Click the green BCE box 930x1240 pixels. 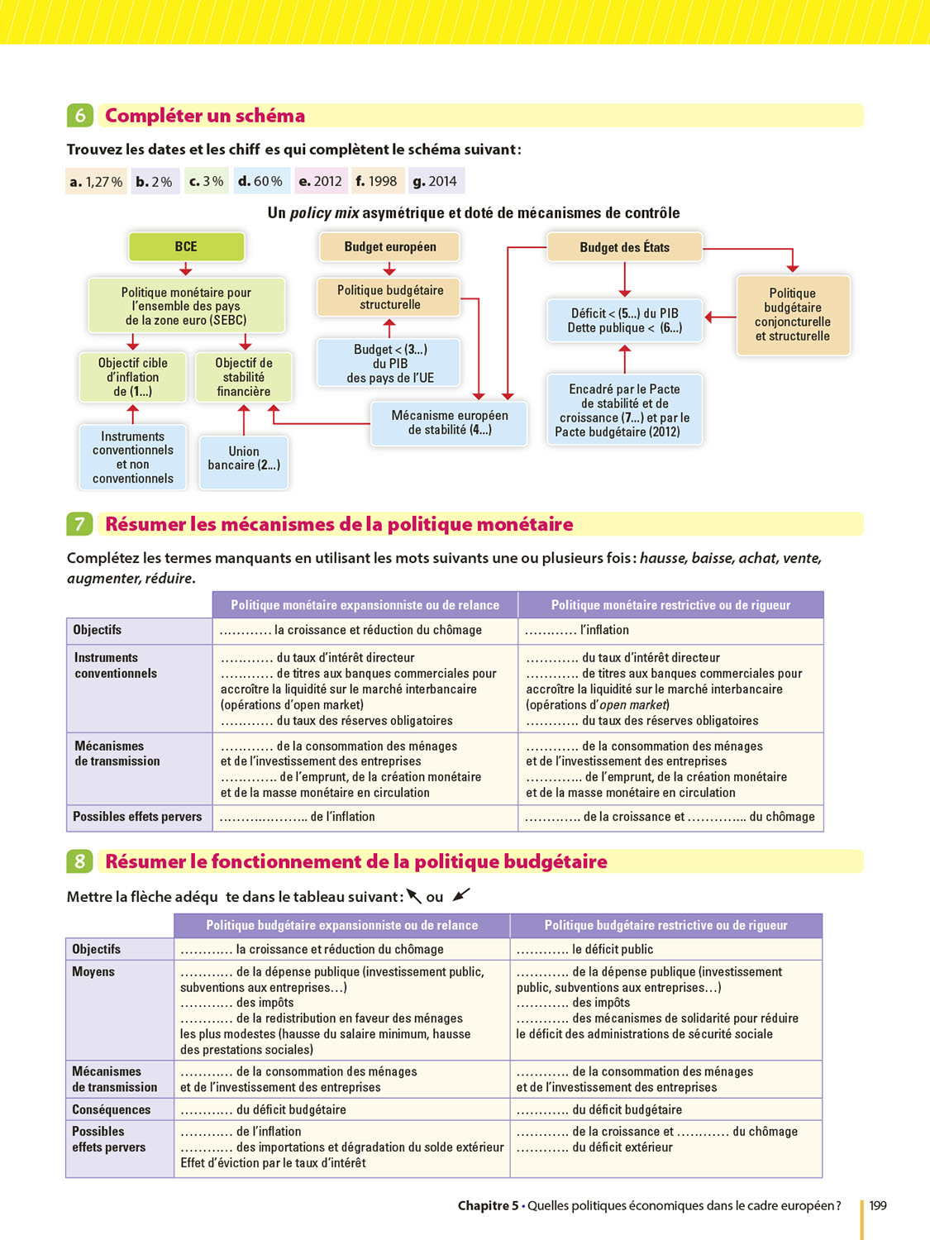pyautogui.click(x=186, y=246)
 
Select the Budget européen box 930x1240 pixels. pyautogui.click(x=389, y=246)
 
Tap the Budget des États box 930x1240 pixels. pyautogui.click(x=624, y=247)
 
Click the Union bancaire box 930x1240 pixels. pyautogui.click(x=244, y=458)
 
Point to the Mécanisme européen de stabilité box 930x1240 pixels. pyautogui.click(x=449, y=422)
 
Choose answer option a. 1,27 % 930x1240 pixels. pyautogui.click(x=97, y=181)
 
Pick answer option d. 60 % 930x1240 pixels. pyautogui.click(x=260, y=181)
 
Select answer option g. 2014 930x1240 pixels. pyautogui.click(x=436, y=181)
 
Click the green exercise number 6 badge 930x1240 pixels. pyautogui.click(x=79, y=116)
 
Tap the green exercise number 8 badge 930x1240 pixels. pyautogui.click(x=79, y=861)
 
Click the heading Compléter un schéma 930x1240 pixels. pyautogui.click(x=205, y=116)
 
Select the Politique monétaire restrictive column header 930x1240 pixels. pyautogui.click(x=670, y=605)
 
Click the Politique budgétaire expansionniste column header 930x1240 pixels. pyautogui.click(x=341, y=925)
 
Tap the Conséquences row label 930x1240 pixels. pyautogui.click(x=111, y=1109)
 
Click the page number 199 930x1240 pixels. pyautogui.click(x=878, y=1205)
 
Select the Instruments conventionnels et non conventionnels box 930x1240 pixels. pyautogui.click(x=133, y=457)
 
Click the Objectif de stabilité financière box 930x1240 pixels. pyautogui.click(x=244, y=377)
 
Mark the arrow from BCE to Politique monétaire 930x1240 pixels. pyautogui.click(x=186, y=269)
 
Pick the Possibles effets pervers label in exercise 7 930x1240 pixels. pyautogui.click(x=137, y=817)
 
